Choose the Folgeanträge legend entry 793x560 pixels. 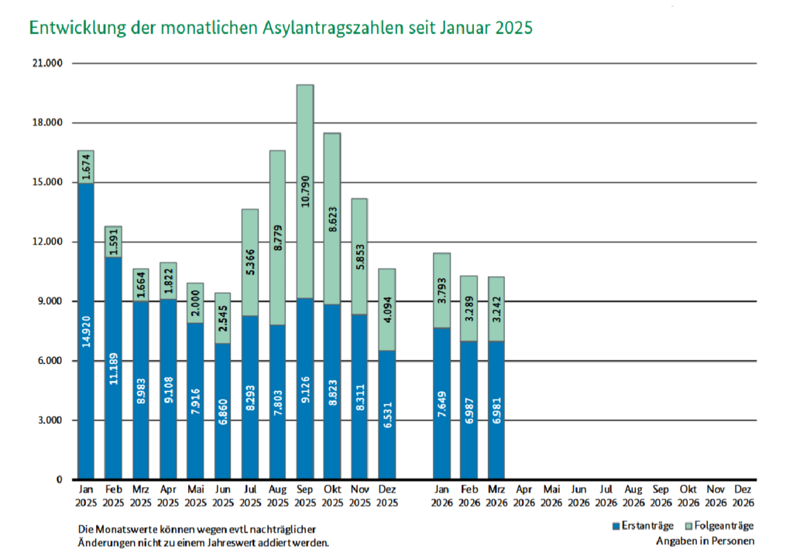tap(719, 527)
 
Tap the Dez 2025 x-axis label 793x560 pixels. tap(387, 496)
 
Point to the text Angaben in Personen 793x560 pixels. tap(705, 541)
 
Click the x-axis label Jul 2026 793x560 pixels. tap(606, 496)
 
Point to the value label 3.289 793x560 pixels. tap(469, 308)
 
